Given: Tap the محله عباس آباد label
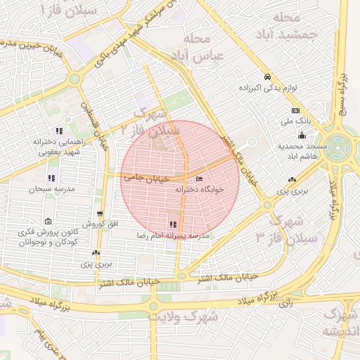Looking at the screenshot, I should pyautogui.click(x=202, y=46).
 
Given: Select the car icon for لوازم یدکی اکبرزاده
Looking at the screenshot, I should pyautogui.click(x=267, y=77).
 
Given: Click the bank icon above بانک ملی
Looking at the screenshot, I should pyautogui.click(x=295, y=110).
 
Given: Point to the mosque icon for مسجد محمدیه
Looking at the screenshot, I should pyautogui.click(x=302, y=136).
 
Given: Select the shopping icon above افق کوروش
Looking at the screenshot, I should pyautogui.click(x=100, y=213).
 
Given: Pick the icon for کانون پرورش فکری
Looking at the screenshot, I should pyautogui.click(x=48, y=221).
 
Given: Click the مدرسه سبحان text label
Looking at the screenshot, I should pyautogui.click(x=46, y=189).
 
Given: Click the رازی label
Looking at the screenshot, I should pyautogui.click(x=285, y=304).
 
